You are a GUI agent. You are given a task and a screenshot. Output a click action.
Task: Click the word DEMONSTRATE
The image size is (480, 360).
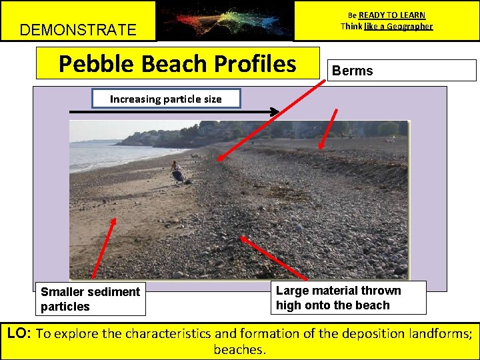click(x=78, y=30)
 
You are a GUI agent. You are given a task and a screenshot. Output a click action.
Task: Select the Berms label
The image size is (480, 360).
click(x=353, y=71)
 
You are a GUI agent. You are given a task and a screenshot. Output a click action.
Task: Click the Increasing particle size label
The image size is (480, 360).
click(x=165, y=99)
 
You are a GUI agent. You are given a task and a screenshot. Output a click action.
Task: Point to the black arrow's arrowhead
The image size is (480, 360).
click(x=274, y=112)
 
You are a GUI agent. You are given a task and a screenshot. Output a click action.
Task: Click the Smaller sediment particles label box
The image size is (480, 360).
click(x=91, y=299)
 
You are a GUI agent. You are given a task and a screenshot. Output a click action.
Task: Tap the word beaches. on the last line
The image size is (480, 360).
click(x=240, y=349)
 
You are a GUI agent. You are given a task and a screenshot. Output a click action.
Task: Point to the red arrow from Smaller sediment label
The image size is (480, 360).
click(x=103, y=247)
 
